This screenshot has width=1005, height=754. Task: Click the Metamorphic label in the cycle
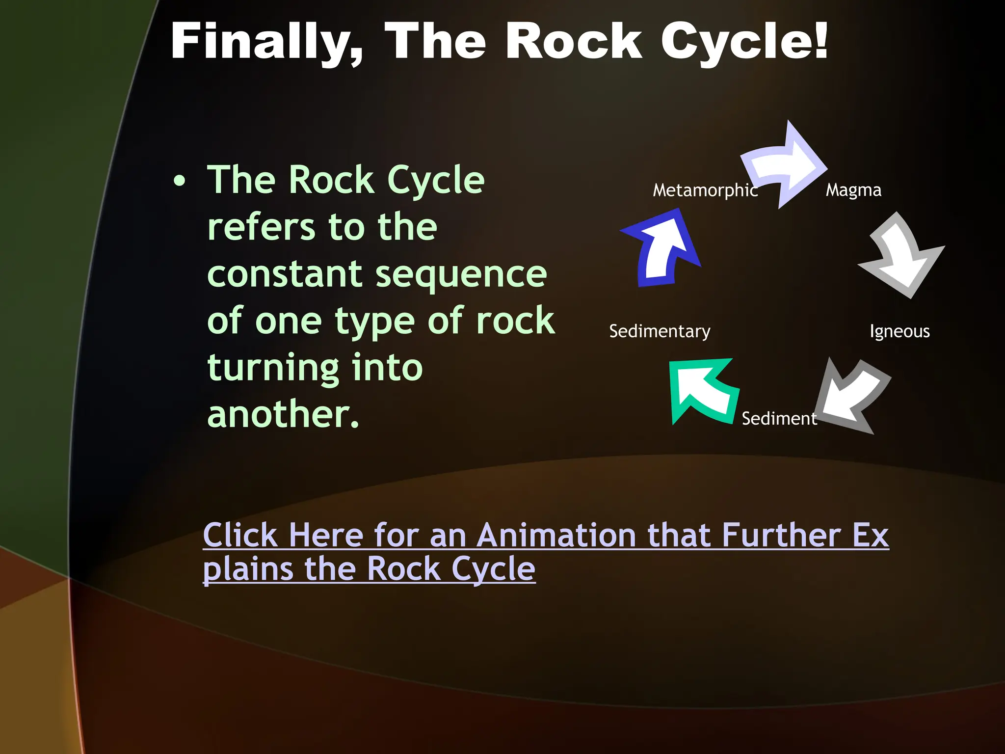[x=705, y=190]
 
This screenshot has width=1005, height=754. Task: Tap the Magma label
[x=853, y=190]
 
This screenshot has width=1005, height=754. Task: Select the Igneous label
[x=899, y=332]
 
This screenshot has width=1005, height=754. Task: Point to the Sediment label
[x=779, y=419]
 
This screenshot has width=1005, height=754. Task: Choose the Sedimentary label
[x=660, y=332]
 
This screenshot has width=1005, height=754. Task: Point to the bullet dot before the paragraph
[x=180, y=181]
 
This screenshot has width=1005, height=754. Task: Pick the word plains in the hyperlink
[x=248, y=570]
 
